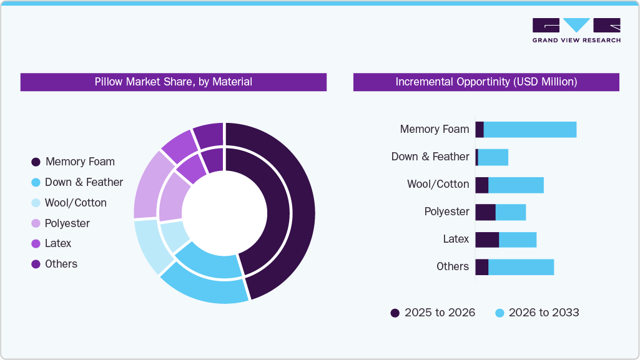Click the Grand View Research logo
point(576,31)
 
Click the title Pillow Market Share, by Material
point(173,82)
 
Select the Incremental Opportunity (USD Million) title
point(486,82)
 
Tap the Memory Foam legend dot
point(36,162)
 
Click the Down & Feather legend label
point(84,182)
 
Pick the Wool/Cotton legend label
point(76,203)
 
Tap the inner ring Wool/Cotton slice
point(174,235)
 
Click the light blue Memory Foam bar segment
point(529,130)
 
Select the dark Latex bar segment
point(487,240)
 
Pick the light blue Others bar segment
point(521,267)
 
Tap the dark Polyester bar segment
point(485,212)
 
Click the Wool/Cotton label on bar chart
point(438,184)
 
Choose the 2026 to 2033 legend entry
point(537,313)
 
